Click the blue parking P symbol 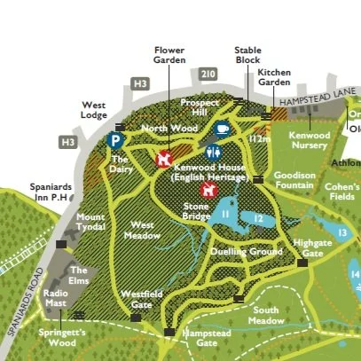click(x=115, y=140)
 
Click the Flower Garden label click(x=169, y=55)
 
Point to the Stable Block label click(x=248, y=55)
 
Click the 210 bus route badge click(x=208, y=74)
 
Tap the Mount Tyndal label click(x=90, y=222)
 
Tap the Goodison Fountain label click(x=294, y=181)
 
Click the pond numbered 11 click(x=227, y=213)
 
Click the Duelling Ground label click(x=246, y=253)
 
